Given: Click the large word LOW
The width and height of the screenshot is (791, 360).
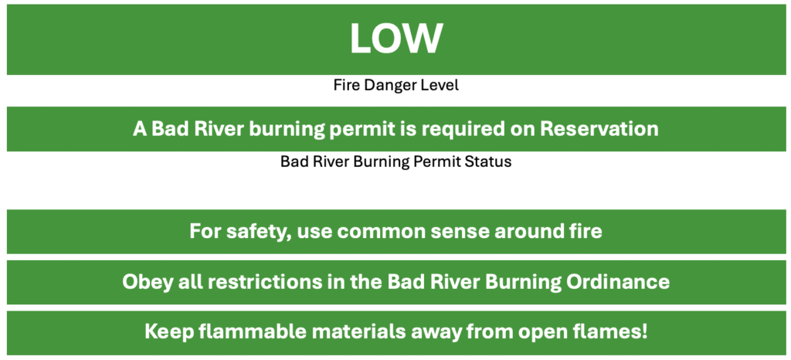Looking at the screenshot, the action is (x=396, y=39).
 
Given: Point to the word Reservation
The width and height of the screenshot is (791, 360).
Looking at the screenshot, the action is (x=599, y=129).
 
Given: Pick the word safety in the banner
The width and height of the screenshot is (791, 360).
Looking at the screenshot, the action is (x=260, y=232).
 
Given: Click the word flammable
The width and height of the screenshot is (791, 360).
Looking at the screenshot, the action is (x=245, y=332).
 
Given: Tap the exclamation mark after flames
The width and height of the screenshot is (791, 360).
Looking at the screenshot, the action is (x=643, y=332).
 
